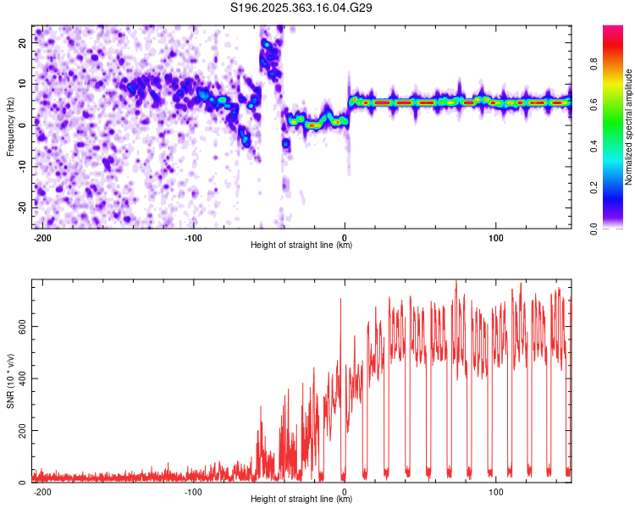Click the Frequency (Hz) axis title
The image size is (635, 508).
tap(10, 127)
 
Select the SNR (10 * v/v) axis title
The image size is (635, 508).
tap(10, 381)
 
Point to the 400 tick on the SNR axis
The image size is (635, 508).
tap(19, 378)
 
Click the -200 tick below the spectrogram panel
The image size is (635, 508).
tap(42, 237)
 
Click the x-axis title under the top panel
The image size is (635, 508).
tap(301, 246)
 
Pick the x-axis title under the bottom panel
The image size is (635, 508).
tap(301, 500)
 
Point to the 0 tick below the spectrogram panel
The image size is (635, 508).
tap(345, 237)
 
